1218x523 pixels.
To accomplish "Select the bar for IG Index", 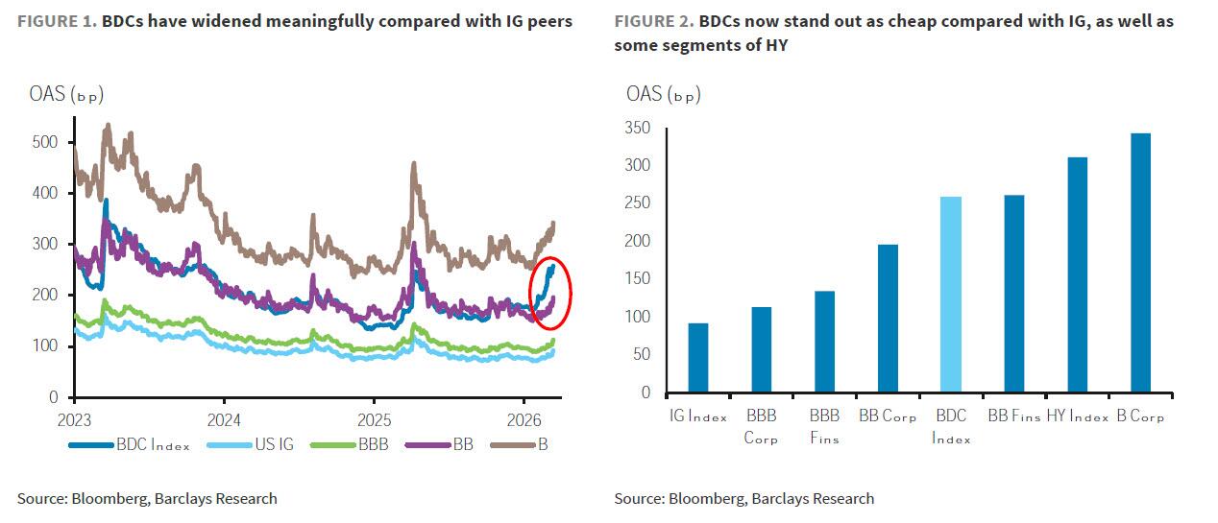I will coord(698,357).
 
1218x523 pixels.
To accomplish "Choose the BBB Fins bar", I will coord(824,342).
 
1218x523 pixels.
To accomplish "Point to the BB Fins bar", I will coord(1013,294).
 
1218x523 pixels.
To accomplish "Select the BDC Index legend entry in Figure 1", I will coord(129,444).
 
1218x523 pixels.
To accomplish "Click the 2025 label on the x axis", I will coord(374,418).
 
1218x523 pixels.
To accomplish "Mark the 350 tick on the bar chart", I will coord(636,129).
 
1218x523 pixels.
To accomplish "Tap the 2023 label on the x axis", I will coord(75,418).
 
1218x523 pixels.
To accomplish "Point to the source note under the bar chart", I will coord(744,498).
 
